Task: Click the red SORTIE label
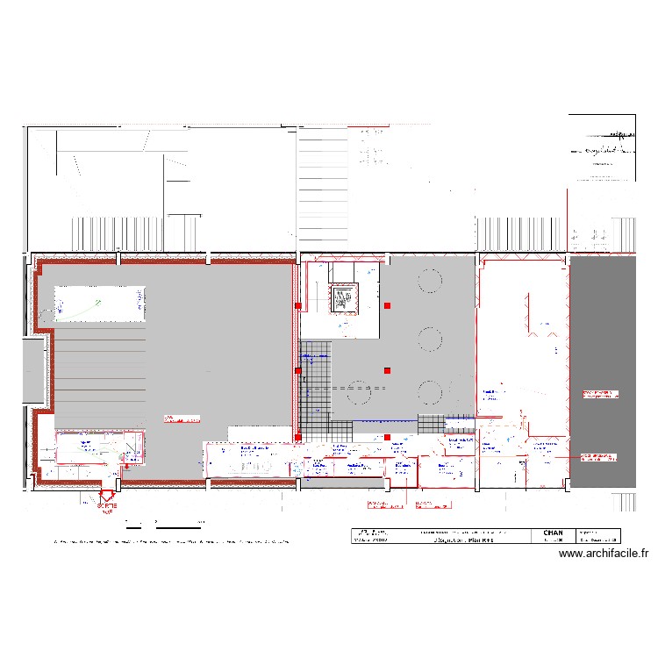click(106, 505)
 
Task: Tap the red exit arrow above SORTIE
click(107, 494)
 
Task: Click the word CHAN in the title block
click(554, 532)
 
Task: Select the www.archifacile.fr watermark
click(603, 554)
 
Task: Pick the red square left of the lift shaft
click(298, 306)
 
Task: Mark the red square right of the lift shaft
click(387, 305)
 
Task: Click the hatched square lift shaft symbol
click(343, 299)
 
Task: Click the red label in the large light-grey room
click(180, 418)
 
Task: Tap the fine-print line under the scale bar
click(171, 541)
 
